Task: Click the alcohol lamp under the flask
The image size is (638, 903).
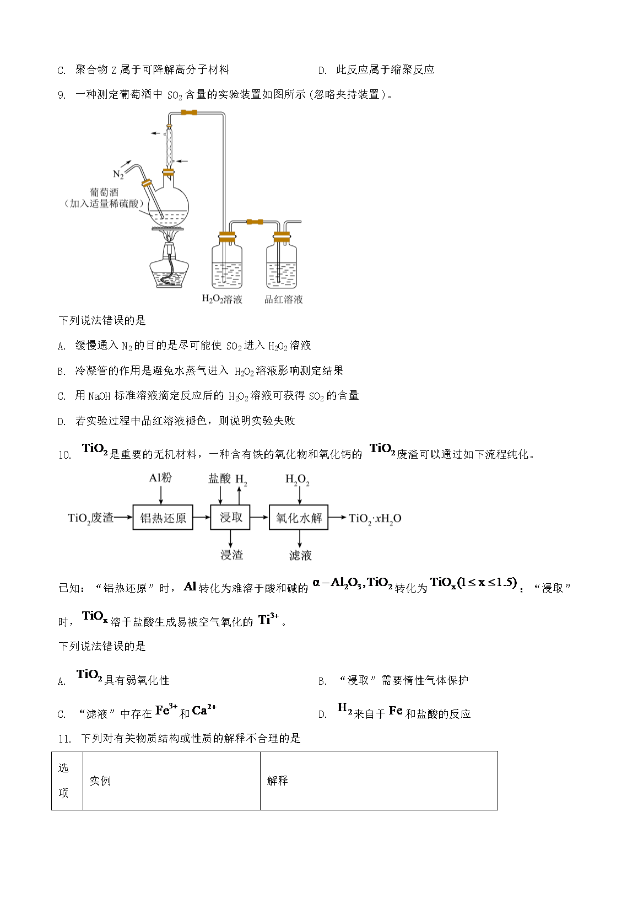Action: [170, 267]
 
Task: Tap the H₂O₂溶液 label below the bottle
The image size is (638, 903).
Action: [222, 299]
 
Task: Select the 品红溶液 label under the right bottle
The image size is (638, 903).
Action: [284, 299]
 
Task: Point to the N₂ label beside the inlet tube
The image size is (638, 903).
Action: [118, 174]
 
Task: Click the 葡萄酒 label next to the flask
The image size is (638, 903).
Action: [104, 192]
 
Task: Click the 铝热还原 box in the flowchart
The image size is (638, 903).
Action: [163, 518]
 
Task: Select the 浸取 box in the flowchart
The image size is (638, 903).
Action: [230, 517]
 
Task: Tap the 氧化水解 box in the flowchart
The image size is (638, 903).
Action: [299, 518]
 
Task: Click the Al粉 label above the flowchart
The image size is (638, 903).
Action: [160, 478]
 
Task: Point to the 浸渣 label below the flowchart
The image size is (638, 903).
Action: [231, 555]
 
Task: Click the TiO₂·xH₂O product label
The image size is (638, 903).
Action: [375, 518]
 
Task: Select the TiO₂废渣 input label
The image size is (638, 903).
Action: [90, 518]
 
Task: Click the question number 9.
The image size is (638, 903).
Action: [62, 95]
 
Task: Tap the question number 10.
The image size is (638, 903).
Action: [64, 455]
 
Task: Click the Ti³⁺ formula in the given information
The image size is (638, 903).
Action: [268, 620]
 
